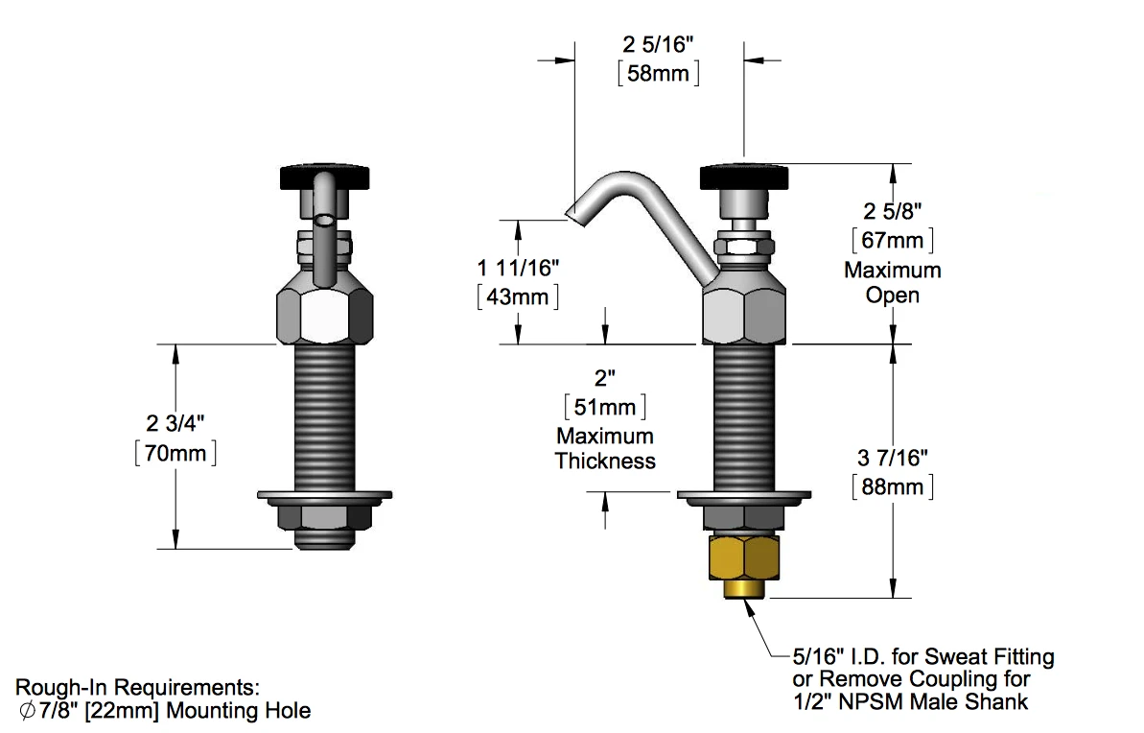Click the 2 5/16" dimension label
click(x=658, y=44)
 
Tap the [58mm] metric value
click(x=658, y=73)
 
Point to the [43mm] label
click(x=518, y=296)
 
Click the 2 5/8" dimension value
click(x=892, y=209)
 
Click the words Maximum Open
click(x=892, y=282)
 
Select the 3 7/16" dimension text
click(x=892, y=459)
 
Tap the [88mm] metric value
click(x=892, y=487)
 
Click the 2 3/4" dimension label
click(x=175, y=423)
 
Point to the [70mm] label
click(x=175, y=452)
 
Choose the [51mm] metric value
click(x=605, y=407)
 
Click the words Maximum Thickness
click(x=605, y=449)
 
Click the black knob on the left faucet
click(x=324, y=177)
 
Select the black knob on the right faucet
click(x=744, y=177)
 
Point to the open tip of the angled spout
click(x=572, y=217)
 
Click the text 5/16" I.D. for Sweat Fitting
click(x=922, y=657)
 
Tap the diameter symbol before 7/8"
click(x=26, y=712)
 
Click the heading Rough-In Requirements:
click(x=137, y=688)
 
